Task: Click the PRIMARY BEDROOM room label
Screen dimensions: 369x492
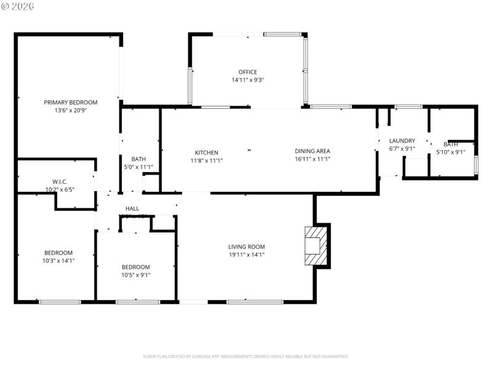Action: [x=70, y=102]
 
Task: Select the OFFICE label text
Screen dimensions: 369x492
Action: [x=248, y=72]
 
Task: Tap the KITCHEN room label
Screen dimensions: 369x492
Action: [x=207, y=153]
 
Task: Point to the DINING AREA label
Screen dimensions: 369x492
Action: [x=312, y=151]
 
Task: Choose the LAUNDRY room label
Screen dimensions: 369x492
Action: [x=402, y=141]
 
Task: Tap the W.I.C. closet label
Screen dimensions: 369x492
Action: [x=60, y=181]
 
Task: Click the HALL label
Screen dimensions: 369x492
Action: [x=132, y=209]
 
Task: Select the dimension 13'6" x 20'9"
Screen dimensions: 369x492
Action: [x=70, y=111]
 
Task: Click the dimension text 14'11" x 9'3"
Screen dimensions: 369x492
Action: [x=248, y=80]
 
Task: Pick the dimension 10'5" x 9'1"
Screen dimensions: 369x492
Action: [x=135, y=275]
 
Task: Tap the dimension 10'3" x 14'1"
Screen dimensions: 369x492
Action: [x=58, y=261]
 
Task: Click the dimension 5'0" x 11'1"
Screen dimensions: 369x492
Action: [x=138, y=167]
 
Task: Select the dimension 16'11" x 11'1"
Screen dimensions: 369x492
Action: [x=312, y=159]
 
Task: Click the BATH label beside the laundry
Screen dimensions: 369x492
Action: [x=451, y=144]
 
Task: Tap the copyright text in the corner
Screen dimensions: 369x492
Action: [x=18, y=6]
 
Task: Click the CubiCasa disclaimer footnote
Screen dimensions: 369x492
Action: [x=246, y=356]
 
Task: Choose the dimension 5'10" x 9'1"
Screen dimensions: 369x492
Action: [x=451, y=152]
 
